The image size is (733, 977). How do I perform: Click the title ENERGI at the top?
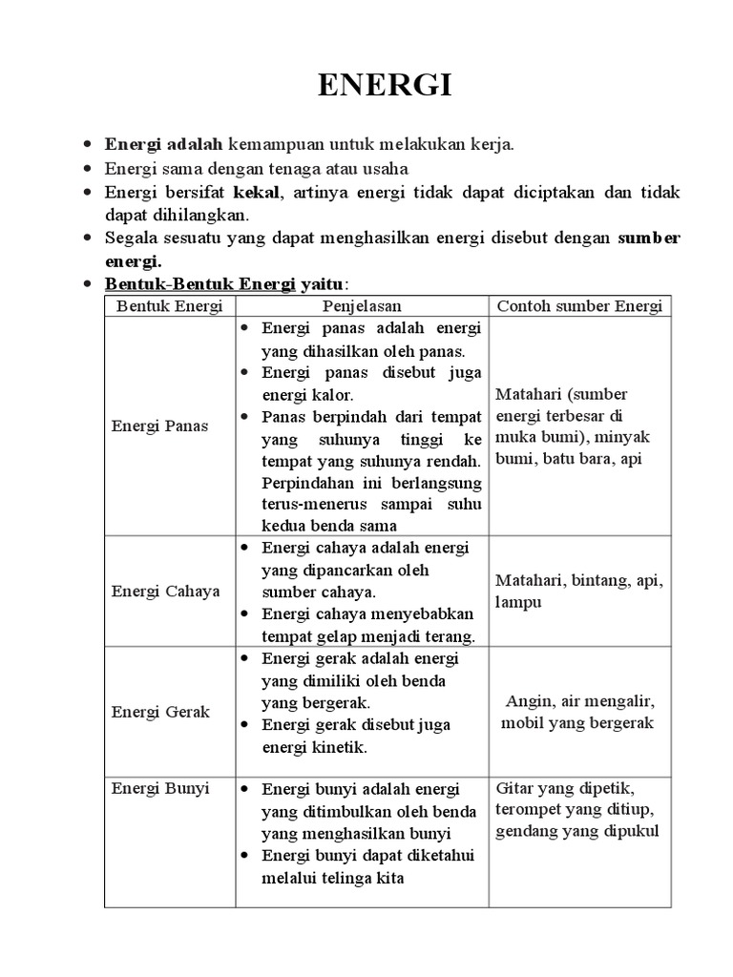pyautogui.click(x=385, y=86)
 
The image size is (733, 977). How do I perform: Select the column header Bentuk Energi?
pyautogui.click(x=169, y=306)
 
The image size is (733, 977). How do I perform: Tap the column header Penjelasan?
pyautogui.click(x=362, y=306)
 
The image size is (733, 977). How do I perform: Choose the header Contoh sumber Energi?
pyautogui.click(x=580, y=306)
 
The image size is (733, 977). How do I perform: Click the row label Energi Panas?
pyautogui.click(x=159, y=426)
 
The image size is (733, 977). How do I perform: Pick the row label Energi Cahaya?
pyautogui.click(x=165, y=591)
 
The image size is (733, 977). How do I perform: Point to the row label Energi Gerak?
pyautogui.click(x=160, y=712)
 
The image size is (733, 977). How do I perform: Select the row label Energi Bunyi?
pyautogui.click(x=159, y=789)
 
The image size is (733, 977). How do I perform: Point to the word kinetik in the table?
pyautogui.click(x=339, y=747)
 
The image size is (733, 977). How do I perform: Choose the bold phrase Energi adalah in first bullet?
pyautogui.click(x=163, y=145)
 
